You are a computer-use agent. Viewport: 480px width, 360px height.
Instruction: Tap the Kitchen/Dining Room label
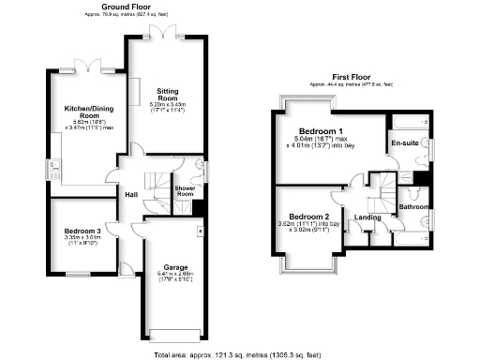(x=82, y=110)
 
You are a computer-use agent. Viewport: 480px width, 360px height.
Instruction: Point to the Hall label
(x=133, y=195)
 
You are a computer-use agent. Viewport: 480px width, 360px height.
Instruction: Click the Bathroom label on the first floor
(x=413, y=206)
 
